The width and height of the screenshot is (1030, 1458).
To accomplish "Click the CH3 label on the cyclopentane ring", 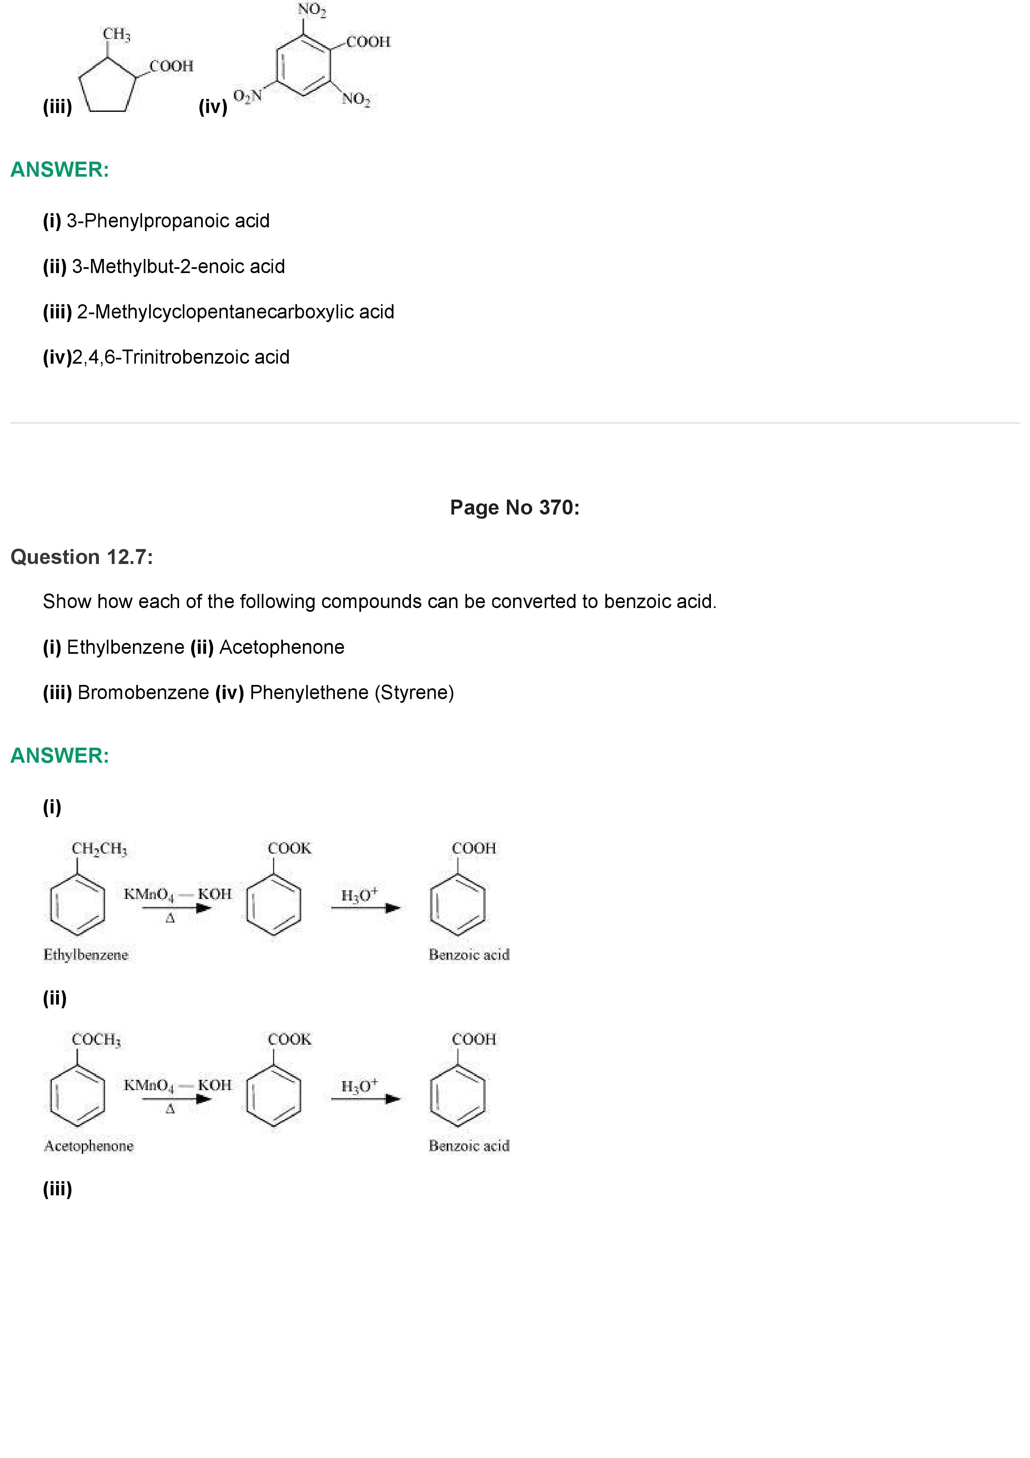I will click(117, 34).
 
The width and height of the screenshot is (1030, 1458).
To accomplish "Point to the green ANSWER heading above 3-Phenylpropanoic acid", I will click(60, 170).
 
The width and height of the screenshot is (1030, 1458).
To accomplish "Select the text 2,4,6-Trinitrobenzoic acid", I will click(181, 357).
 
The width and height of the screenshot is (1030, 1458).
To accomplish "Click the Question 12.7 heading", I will click(82, 557).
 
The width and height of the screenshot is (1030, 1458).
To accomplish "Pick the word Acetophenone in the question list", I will click(282, 647).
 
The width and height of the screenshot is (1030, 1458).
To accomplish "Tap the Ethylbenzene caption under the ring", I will click(86, 955).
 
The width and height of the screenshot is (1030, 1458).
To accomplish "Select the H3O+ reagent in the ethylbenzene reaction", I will click(359, 895).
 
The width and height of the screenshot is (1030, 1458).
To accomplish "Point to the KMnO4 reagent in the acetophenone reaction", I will click(148, 1085).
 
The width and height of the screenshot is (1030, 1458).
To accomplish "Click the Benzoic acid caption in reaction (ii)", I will click(469, 1146).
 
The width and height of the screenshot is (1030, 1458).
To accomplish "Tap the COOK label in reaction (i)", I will click(290, 848).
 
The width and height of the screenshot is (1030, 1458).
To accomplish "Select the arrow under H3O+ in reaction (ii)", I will click(366, 1099).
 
